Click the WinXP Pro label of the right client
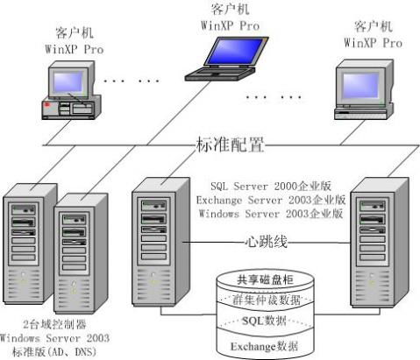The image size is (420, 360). click(372, 40)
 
